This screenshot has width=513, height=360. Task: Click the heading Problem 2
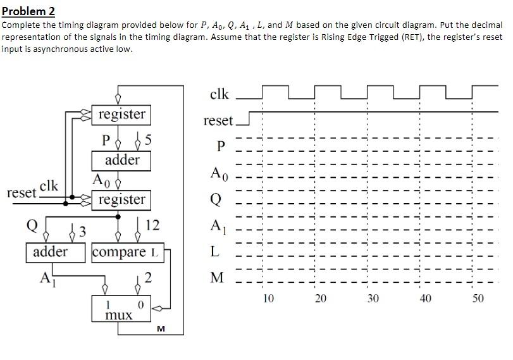pos(28,11)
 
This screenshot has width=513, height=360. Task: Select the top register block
pos(121,115)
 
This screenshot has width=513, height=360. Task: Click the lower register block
pos(121,200)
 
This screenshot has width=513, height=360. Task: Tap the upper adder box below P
pos(121,159)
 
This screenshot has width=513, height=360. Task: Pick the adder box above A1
pos(51,252)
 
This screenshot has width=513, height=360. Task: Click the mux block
pos(120,311)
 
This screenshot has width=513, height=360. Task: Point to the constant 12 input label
pos(152,225)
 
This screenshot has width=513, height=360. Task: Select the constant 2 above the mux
pos(147,277)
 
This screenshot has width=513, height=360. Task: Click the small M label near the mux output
pos(161,328)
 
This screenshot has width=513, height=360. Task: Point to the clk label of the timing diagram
pos(219,94)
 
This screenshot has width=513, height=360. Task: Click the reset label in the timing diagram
pos(218,120)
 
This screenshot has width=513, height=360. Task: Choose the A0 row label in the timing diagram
pos(216,172)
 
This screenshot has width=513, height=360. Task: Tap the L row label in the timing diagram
pos(216,252)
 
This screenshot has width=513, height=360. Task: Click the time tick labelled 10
pos(268,297)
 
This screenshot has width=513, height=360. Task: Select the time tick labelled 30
pos(373,297)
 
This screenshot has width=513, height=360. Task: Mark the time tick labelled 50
pos(478,297)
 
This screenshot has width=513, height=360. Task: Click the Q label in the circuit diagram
pos(31,225)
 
